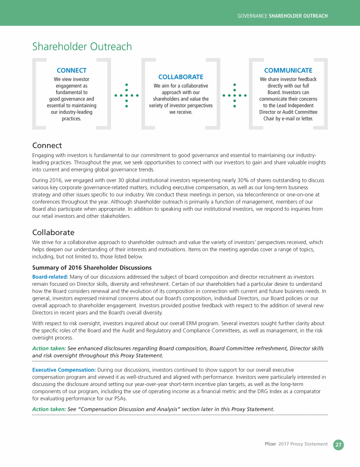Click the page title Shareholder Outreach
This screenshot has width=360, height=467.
click(x=82, y=47)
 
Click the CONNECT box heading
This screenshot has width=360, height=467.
click(x=71, y=70)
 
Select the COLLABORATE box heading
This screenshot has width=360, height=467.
click(x=180, y=77)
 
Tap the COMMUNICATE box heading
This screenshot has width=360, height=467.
click(x=288, y=70)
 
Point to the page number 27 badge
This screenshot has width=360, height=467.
click(x=338, y=444)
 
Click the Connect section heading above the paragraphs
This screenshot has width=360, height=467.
click(x=47, y=146)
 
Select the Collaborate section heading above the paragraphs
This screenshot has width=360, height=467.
click(x=53, y=232)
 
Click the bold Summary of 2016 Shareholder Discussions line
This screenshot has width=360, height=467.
click(x=92, y=268)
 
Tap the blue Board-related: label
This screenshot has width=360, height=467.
click(x=50, y=277)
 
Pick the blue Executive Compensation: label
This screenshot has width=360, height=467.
click(x=64, y=370)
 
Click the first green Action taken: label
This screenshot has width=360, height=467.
click(x=49, y=348)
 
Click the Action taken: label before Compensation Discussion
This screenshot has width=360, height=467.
click(x=49, y=409)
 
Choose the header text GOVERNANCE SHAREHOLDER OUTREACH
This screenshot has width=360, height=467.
click(x=282, y=16)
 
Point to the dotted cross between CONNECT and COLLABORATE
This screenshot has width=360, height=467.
click(x=127, y=96)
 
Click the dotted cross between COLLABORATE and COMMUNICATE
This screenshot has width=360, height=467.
click(x=234, y=96)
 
